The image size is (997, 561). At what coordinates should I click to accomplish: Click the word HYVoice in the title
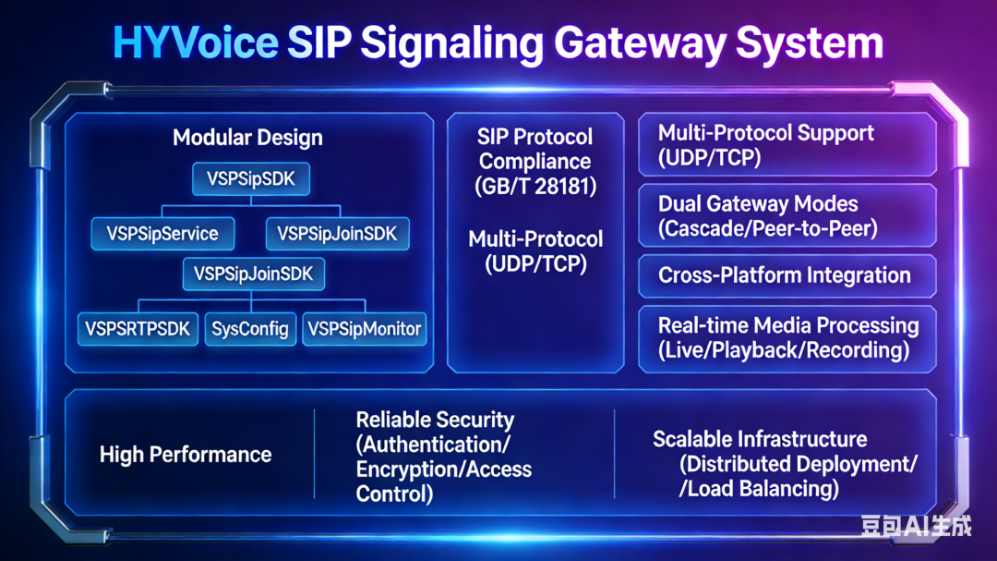195,43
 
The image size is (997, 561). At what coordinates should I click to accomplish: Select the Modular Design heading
247,138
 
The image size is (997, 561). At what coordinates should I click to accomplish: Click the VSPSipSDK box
250,178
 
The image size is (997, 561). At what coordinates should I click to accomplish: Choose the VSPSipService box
162,234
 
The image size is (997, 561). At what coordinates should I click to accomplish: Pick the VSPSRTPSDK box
137,328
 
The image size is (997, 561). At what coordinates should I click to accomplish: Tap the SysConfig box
249,328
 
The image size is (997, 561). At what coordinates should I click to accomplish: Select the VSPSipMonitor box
364,328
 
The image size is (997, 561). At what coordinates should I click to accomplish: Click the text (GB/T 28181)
535,186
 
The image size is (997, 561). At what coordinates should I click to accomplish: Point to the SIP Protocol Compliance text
535,149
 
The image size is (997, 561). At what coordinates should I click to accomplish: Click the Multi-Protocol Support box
787,145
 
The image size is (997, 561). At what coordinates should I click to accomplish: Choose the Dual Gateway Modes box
787,215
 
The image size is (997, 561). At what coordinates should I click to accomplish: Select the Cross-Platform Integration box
787,275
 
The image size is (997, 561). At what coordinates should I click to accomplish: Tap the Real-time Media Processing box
787,337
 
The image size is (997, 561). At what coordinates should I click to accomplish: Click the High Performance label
185,455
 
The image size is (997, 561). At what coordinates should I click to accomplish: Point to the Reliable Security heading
435,421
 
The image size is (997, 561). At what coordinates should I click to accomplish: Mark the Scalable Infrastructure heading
760,439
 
